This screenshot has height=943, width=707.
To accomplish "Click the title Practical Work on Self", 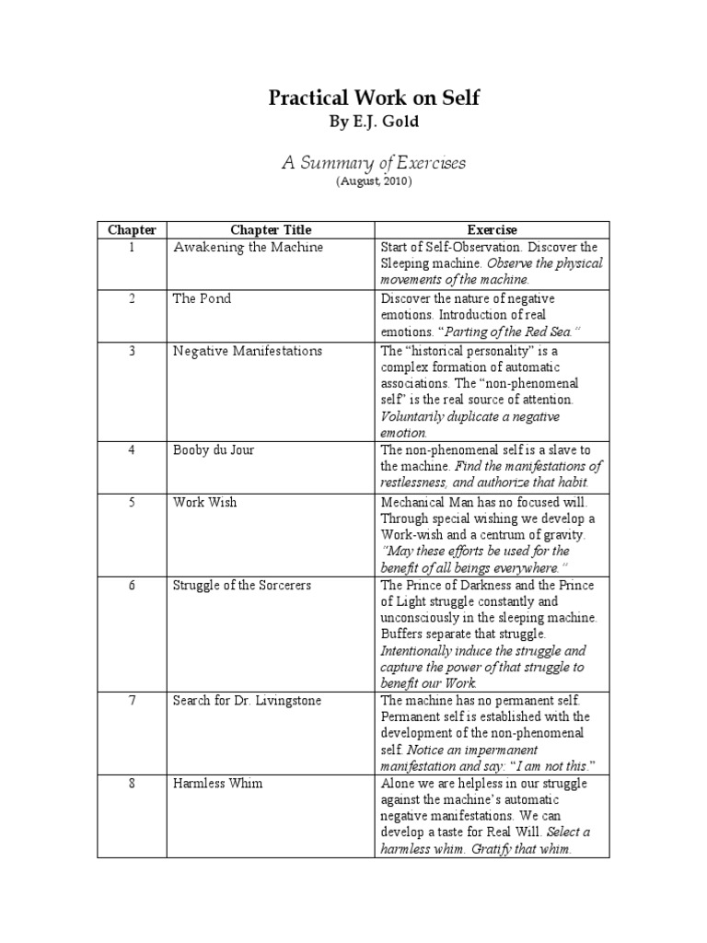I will click(x=374, y=97).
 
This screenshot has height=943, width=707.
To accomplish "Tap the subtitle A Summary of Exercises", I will click(x=374, y=163).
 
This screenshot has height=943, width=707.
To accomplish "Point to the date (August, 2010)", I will click(x=374, y=182).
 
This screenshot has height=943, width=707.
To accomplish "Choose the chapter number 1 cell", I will click(x=132, y=247).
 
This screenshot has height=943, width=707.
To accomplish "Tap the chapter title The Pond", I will click(x=202, y=298).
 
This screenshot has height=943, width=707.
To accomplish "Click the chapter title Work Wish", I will click(x=204, y=502).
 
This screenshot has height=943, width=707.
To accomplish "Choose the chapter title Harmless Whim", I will click(x=217, y=783).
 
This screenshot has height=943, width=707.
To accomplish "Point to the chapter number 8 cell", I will click(x=132, y=783).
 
